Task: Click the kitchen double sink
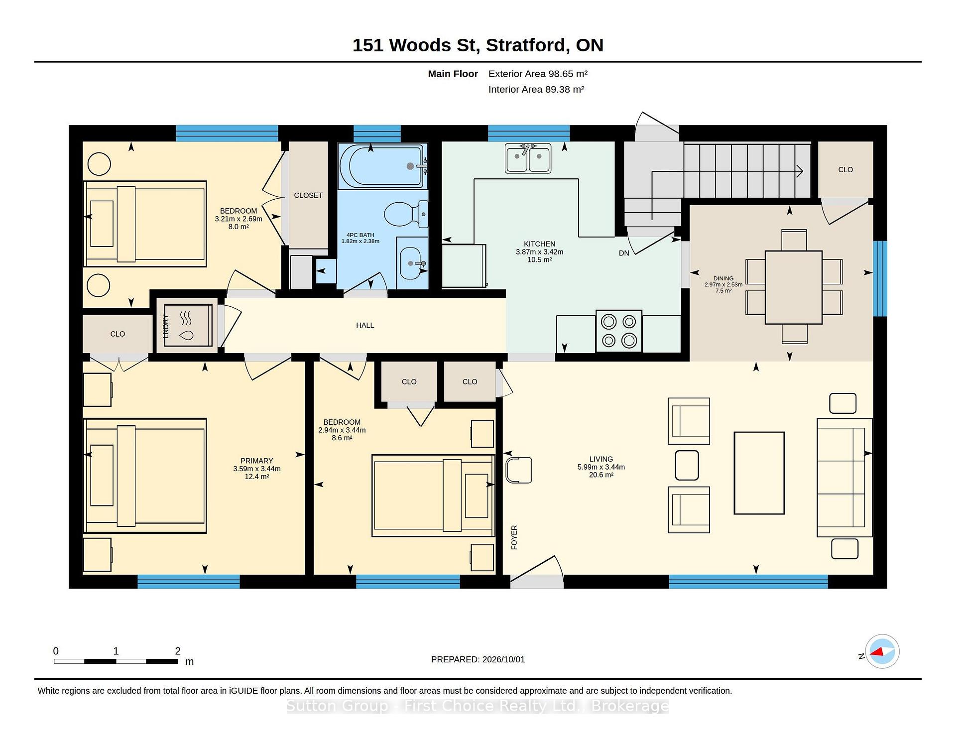click(528, 158)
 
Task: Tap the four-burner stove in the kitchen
click(619, 331)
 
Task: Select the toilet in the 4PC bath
click(406, 214)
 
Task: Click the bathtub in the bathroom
click(383, 166)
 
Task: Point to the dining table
click(794, 287)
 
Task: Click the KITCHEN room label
click(539, 244)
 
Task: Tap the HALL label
click(365, 325)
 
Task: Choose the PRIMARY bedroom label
click(257, 461)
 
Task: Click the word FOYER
click(514, 537)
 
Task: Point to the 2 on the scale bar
click(178, 651)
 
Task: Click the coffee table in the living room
click(759, 473)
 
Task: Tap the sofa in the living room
click(844, 478)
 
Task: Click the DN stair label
click(624, 253)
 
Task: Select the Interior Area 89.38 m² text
click(536, 89)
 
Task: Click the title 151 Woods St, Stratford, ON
click(478, 45)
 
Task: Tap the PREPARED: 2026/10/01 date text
click(478, 659)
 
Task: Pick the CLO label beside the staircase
click(845, 169)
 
